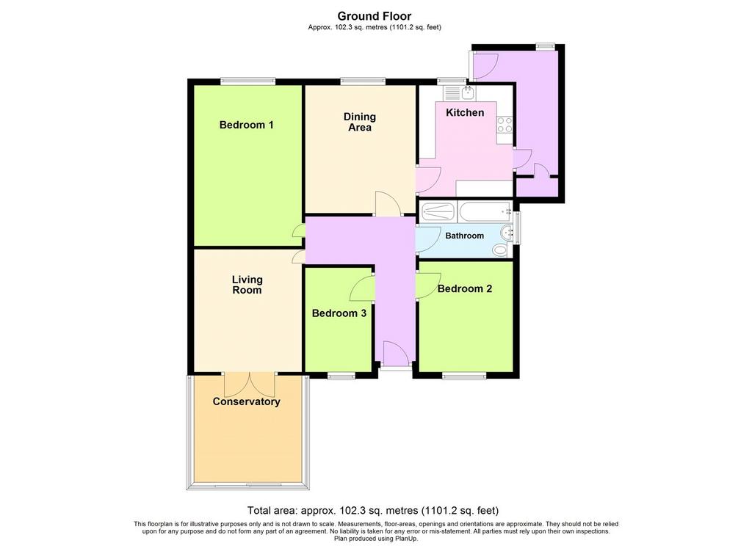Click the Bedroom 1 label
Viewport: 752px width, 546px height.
246,125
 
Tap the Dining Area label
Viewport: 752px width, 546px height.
360,122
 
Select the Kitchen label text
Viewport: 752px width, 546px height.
465,113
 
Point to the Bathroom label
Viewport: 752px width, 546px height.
464,236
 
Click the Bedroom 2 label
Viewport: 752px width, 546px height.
465,288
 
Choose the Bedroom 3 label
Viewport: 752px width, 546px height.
339,313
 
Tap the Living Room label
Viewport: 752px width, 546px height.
247,285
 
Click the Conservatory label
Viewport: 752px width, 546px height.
246,401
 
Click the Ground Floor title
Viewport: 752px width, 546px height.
374,16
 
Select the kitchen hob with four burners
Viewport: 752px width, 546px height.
505,125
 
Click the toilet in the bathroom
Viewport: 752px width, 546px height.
499,250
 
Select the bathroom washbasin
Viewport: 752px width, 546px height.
506,233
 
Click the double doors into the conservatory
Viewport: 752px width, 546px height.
250,385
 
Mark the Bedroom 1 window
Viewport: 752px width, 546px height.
248,81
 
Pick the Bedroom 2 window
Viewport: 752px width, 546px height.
464,376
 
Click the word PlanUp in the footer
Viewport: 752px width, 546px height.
406,539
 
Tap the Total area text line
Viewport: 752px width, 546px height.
373,511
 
